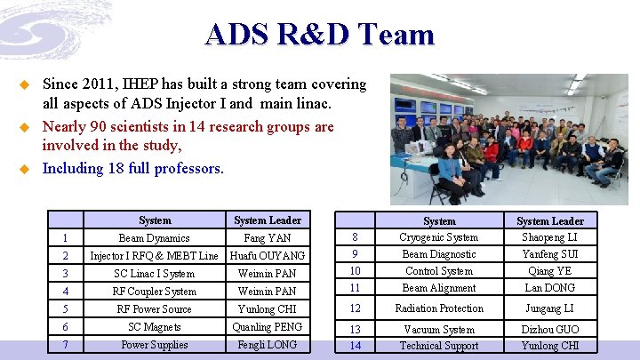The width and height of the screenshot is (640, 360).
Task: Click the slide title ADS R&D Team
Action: (319, 34)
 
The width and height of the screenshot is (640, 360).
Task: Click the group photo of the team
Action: (508, 139)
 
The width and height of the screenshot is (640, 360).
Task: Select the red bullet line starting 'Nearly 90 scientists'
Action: (188, 136)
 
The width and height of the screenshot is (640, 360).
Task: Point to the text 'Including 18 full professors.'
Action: (133, 168)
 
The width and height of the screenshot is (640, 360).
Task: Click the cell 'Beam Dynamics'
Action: (155, 238)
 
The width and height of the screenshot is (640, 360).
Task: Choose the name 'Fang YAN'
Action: (268, 238)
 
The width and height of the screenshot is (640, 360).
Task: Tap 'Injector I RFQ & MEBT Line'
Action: (155, 256)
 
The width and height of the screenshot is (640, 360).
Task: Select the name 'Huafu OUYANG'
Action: (268, 256)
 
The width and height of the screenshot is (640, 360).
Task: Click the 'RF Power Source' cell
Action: (155, 309)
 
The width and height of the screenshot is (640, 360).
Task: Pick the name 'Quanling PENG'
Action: (268, 327)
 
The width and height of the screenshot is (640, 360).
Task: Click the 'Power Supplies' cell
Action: (155, 345)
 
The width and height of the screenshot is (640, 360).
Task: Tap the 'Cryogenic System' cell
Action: (439, 237)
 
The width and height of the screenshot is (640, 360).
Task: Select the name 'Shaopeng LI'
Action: (550, 237)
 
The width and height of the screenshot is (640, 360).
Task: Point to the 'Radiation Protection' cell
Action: (439, 308)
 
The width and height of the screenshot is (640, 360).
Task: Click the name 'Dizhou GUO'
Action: (550, 330)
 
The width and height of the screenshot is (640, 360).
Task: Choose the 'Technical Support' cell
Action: (439, 346)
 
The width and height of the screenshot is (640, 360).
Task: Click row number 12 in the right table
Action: (356, 308)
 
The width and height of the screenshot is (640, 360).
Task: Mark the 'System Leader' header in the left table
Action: (268, 220)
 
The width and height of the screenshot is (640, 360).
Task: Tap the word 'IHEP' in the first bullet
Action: (132, 84)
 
